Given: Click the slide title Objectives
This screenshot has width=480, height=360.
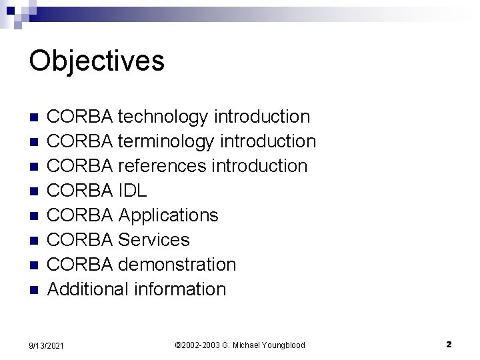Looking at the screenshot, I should point(97,61).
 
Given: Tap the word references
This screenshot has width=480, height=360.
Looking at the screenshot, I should point(162,166).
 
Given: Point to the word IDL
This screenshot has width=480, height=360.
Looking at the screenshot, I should point(133,191).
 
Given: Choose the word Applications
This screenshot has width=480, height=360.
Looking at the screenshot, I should point(168,215).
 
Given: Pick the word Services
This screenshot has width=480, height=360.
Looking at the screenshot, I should point(153,240).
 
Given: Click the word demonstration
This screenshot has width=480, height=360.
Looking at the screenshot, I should point(177,265).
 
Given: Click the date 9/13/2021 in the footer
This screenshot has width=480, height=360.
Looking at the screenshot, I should point(47,345).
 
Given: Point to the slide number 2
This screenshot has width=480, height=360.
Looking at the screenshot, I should point(449,345).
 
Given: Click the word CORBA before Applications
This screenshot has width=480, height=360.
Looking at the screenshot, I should point(81,215).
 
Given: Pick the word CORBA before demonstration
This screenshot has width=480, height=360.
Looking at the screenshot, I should point(81,265).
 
